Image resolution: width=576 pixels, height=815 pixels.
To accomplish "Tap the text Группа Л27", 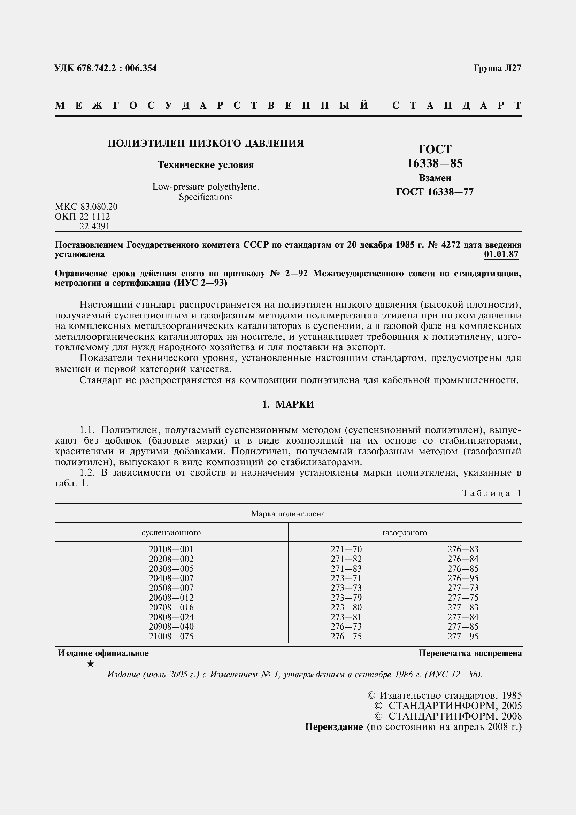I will [497, 68].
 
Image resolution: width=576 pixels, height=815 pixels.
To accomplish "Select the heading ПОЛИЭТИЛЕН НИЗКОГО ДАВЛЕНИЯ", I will [206, 144].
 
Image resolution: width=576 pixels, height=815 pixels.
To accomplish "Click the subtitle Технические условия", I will [206, 165].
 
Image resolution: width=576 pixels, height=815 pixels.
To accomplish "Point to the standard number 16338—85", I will [435, 163].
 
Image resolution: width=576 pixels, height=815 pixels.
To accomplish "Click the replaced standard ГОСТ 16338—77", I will [435, 192].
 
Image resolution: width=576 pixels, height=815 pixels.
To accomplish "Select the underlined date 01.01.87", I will [501, 254].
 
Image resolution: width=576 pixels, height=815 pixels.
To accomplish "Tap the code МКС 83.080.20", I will [86, 207].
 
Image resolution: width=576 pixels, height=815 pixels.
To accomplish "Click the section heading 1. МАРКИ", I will [288, 404].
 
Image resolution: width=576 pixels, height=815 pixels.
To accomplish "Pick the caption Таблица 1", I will [492, 493].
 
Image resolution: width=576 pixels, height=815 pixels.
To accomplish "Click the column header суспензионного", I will [171, 532].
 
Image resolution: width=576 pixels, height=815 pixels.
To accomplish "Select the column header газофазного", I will [404, 532].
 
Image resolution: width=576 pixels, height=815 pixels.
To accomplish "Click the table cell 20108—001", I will [171, 549].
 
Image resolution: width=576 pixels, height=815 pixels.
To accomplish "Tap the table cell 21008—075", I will [171, 636].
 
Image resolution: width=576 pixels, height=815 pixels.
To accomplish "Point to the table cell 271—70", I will [346, 549].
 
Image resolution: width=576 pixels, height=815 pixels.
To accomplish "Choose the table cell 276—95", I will [463, 578].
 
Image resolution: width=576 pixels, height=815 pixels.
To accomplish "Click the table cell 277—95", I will [463, 636].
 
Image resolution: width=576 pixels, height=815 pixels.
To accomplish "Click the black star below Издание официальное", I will [91, 663].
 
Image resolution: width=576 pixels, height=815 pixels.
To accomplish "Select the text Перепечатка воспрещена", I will [470, 653].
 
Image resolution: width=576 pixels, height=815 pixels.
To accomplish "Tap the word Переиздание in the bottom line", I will [333, 726].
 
